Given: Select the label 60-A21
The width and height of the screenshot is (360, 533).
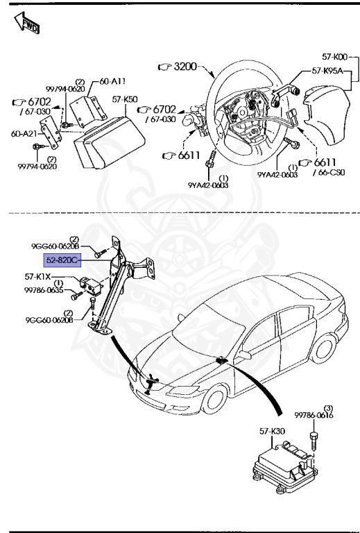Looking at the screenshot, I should click(x=24, y=133).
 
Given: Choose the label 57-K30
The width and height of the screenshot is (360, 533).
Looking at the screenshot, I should click(x=273, y=432).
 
